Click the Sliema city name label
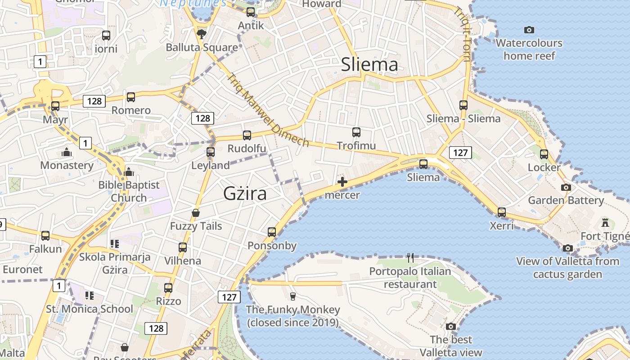click(x=369, y=65)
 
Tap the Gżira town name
click(x=245, y=193)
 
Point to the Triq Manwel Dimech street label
click(x=268, y=110)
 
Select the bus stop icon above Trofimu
click(x=356, y=132)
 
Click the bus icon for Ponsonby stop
click(x=272, y=232)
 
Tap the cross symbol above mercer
click(x=342, y=182)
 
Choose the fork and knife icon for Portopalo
click(x=410, y=258)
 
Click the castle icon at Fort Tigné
click(x=605, y=223)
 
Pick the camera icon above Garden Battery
click(x=566, y=187)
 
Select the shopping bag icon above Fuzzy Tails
click(x=196, y=212)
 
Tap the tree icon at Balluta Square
click(x=202, y=34)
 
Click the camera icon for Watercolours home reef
click(x=529, y=30)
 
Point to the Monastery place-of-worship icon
click(x=67, y=152)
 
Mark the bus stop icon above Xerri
click(x=502, y=212)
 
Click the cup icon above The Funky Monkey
click(x=293, y=296)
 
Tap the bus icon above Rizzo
click(x=168, y=288)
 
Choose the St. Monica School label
click(x=90, y=309)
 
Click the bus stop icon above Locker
click(x=544, y=154)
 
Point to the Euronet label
click(x=22, y=270)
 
